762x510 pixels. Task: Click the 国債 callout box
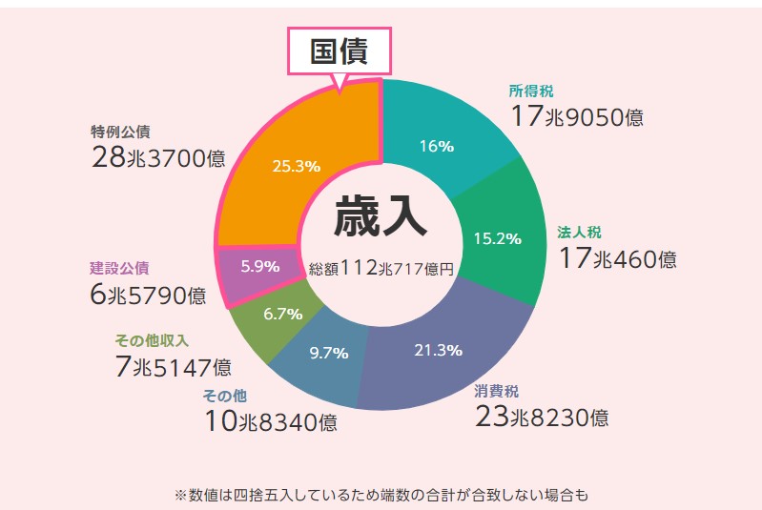point(339,52)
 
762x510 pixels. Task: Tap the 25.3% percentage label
point(296,166)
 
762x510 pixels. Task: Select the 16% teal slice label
point(436,146)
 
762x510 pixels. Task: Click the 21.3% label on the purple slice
point(438,350)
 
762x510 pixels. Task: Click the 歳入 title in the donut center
point(380,218)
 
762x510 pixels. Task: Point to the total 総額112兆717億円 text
point(381,269)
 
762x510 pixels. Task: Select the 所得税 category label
point(531,92)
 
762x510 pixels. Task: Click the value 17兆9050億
point(576,117)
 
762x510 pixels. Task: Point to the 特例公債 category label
point(121,132)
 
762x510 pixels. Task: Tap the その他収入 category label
point(152,340)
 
